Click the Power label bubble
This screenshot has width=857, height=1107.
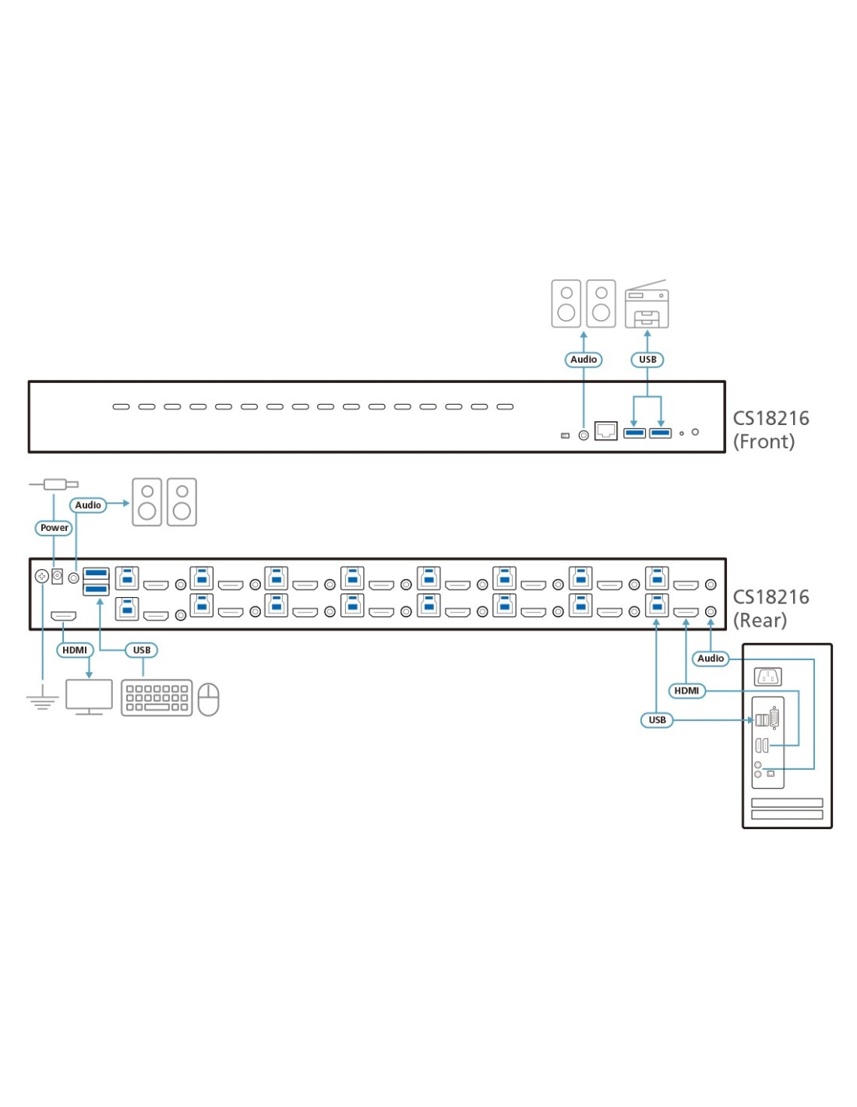(54, 528)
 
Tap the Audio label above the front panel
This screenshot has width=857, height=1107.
(584, 360)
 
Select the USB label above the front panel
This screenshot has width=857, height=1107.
(647, 360)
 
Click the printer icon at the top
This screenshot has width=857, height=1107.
(647, 305)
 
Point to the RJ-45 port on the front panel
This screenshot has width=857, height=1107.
(605, 430)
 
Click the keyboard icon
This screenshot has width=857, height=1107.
(157, 698)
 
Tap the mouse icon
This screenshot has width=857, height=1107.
(208, 699)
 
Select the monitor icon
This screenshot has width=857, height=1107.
(89, 696)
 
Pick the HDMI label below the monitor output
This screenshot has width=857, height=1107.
(75, 650)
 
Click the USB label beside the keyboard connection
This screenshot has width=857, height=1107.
(142, 650)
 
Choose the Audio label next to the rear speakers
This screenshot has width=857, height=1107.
(88, 505)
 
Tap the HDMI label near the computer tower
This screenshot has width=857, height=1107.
(686, 691)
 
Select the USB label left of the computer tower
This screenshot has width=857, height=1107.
(658, 720)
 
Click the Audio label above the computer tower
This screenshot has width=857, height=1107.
(711, 659)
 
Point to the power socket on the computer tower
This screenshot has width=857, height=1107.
(768, 676)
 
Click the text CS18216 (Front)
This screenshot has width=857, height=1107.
(771, 430)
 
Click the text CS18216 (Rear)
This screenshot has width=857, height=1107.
(771, 609)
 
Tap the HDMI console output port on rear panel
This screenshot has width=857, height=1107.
(63, 617)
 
